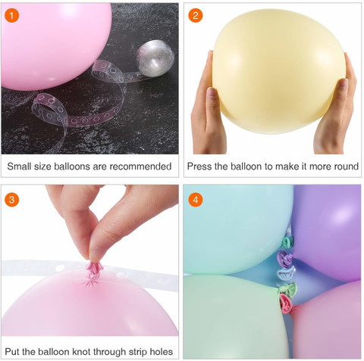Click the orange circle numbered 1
click(x=11, y=15)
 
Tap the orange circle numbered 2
click(x=196, y=15)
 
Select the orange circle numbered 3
click(x=11, y=200)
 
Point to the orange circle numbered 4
click(x=196, y=200)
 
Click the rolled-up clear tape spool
click(x=155, y=58)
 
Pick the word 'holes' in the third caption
click(x=161, y=351)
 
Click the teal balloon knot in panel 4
click(x=287, y=242)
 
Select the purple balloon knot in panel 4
click(x=285, y=260)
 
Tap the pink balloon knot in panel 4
click(x=286, y=303)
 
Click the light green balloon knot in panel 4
click(x=288, y=288)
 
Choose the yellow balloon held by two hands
click(x=278, y=71)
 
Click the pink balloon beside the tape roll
click(x=56, y=46)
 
